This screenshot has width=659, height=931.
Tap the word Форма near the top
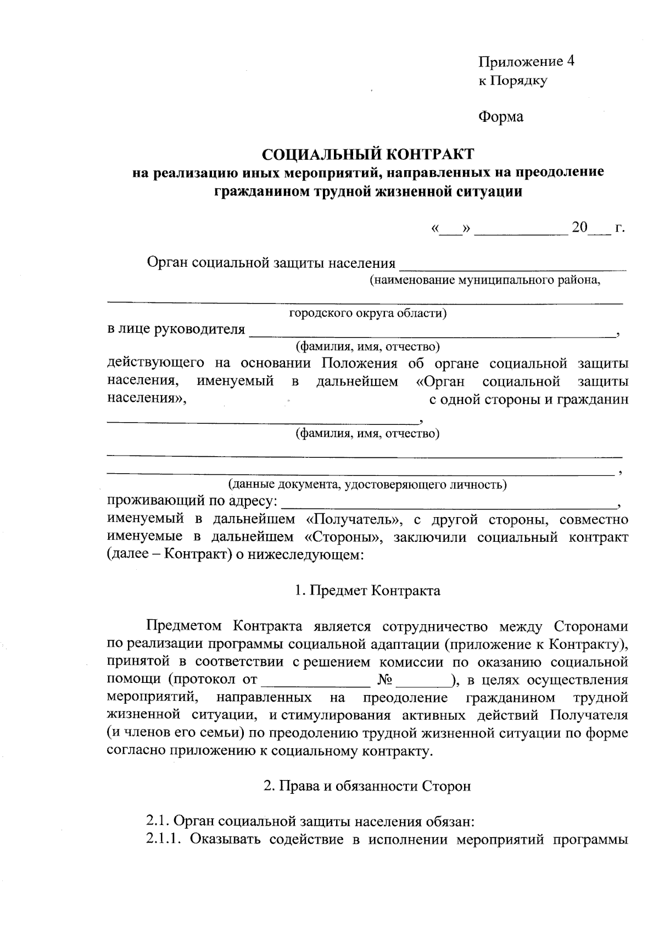click(501, 117)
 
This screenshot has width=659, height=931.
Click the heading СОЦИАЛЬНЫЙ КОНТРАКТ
click(367, 153)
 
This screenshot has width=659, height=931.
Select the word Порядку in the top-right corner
click(519, 81)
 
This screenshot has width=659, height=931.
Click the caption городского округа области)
click(367, 313)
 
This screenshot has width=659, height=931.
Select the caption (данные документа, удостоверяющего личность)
click(367, 485)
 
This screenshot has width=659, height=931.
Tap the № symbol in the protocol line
click(384, 680)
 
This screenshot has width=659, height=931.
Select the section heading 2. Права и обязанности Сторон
click(367, 786)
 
